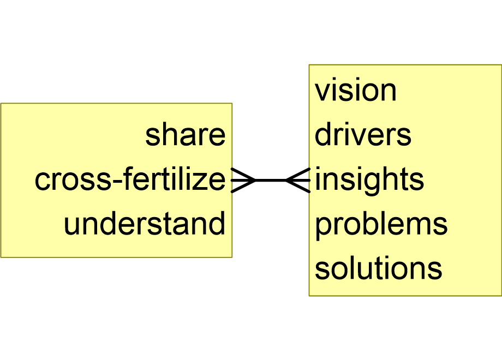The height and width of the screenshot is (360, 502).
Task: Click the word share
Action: (x=185, y=135)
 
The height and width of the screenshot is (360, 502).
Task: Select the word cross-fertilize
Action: (x=130, y=179)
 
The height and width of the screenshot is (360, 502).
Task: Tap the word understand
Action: (x=144, y=224)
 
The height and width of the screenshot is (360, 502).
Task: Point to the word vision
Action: (x=355, y=91)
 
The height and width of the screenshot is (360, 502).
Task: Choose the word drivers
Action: (x=363, y=135)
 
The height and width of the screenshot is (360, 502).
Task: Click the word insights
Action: (x=369, y=179)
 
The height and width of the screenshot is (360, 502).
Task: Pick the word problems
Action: (x=381, y=224)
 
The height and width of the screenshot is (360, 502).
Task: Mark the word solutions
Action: (x=378, y=268)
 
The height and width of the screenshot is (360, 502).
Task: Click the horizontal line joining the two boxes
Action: (x=271, y=179)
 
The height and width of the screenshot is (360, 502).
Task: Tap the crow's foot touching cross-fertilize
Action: (x=242, y=179)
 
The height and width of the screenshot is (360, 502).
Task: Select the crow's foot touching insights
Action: (x=298, y=179)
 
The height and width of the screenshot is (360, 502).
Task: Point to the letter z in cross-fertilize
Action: (x=202, y=182)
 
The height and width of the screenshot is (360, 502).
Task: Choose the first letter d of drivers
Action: (x=322, y=135)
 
